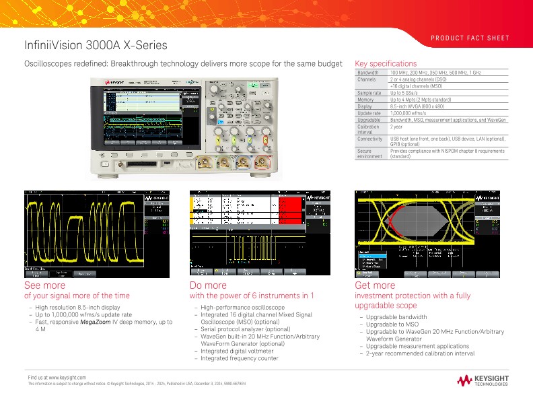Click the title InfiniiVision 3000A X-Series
(x=96, y=45)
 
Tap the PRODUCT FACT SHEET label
(x=470, y=38)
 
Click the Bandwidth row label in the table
(x=367, y=72)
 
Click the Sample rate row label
(x=369, y=93)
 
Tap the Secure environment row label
(x=369, y=155)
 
